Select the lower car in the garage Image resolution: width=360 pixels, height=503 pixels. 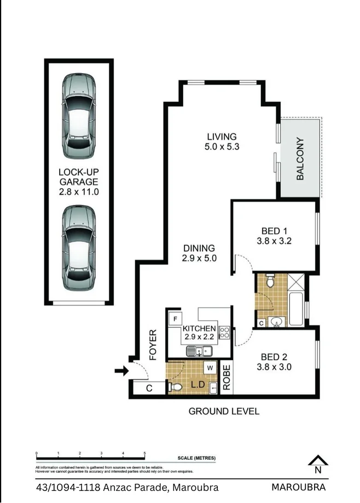(78, 247)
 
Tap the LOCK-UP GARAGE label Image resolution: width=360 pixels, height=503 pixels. (78, 182)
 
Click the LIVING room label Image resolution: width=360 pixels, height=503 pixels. (221, 136)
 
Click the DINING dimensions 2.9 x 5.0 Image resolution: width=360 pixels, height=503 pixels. (199, 258)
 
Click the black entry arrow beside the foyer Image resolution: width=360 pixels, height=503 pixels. (121, 372)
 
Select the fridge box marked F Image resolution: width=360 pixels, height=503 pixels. (176, 319)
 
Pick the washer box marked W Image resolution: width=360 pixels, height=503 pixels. (210, 368)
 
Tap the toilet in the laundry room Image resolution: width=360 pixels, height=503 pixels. (176, 387)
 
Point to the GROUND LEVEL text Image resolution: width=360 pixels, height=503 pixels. (224, 411)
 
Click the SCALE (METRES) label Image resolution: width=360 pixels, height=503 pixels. (196, 458)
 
